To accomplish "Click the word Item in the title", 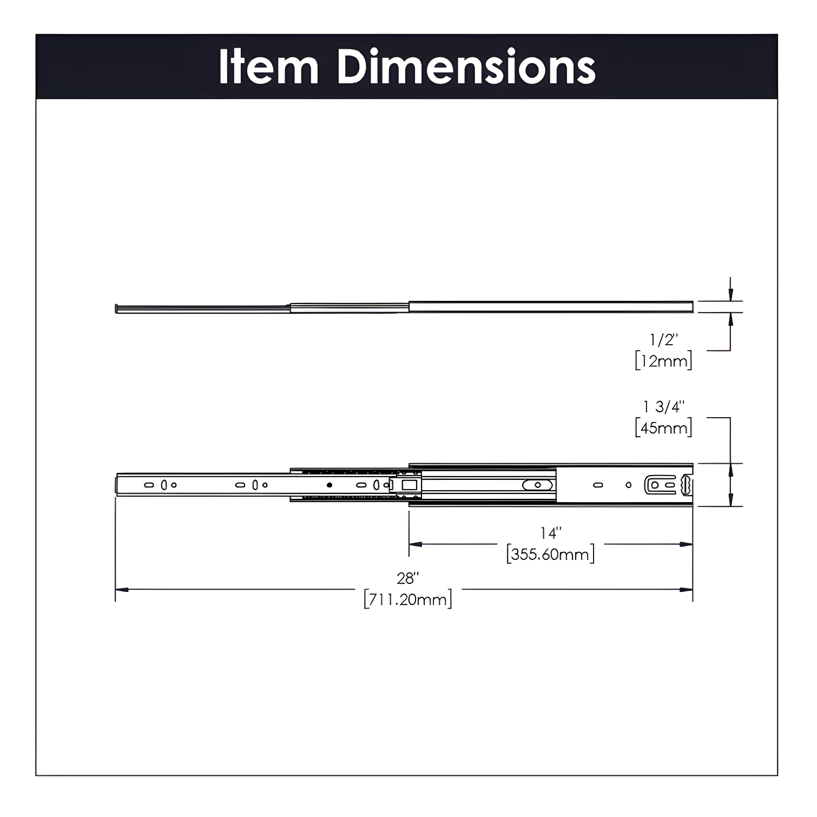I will tap(268, 67).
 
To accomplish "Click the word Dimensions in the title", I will tap(466, 67).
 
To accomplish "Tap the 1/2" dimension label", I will tap(663, 340).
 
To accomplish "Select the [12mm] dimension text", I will tap(663, 361).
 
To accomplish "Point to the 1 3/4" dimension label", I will tap(663, 406).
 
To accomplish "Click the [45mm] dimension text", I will tap(663, 428).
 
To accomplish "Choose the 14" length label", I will tap(551, 533).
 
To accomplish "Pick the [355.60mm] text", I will tap(551, 555).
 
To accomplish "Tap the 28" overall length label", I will tap(408, 578).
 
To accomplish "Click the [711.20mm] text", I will tap(408, 599).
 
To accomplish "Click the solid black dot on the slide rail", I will tap(329, 485).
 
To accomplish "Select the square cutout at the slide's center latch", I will tap(410, 485).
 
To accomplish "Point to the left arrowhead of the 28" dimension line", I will tap(122, 589).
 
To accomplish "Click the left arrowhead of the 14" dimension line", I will tap(415, 544).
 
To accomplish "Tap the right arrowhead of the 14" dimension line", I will tap(687, 544).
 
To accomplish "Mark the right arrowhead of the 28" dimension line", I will tap(687, 589).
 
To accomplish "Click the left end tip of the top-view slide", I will tap(117, 309).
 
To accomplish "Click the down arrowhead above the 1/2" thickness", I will tap(730, 295).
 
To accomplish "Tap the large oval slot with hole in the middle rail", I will tap(537, 485).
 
